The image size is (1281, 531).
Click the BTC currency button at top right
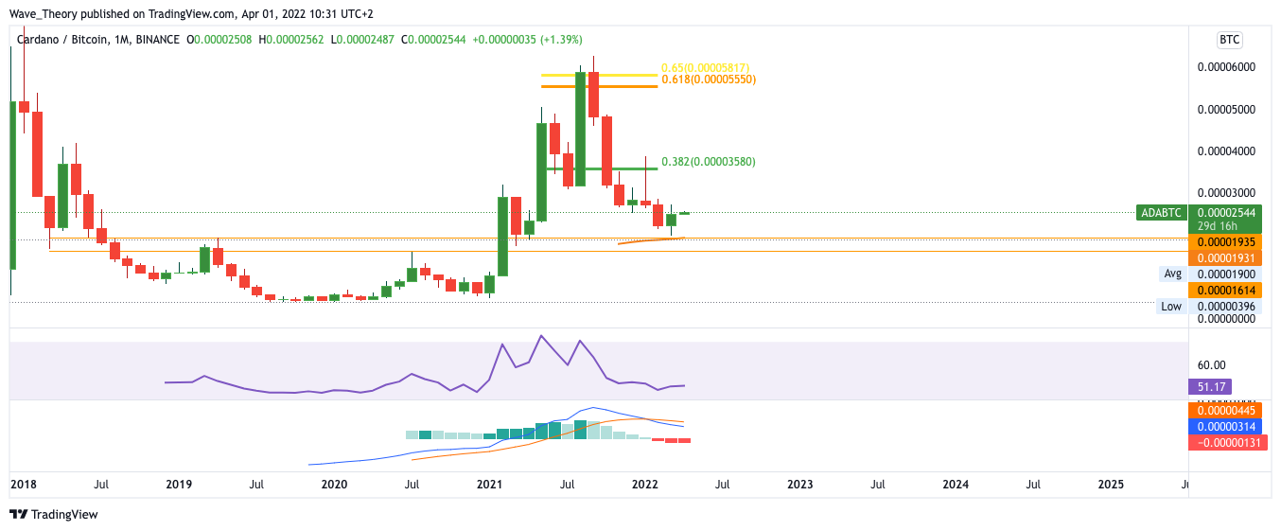(1229, 40)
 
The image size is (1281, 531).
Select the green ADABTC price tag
(1162, 213)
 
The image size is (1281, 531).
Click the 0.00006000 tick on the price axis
(1226, 67)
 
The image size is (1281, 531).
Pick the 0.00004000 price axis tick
(1226, 151)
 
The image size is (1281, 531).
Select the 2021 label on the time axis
(489, 485)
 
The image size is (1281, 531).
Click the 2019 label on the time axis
(179, 485)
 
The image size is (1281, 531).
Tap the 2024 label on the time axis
(956, 485)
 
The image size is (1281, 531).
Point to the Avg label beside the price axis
(1173, 274)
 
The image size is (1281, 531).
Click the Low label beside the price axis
(1171, 306)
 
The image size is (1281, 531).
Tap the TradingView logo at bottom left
(54, 515)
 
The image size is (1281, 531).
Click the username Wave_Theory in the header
(42, 12)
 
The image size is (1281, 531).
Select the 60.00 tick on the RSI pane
(1211, 364)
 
